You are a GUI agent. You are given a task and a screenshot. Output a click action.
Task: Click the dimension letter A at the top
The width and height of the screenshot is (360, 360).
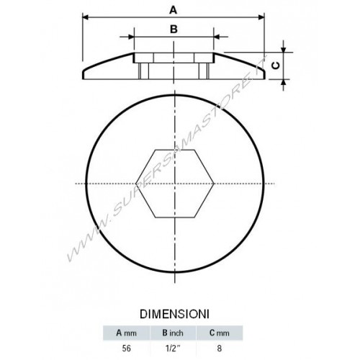tap(174, 10)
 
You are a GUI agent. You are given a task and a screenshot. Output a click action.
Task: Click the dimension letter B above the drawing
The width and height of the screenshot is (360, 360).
tap(174, 30)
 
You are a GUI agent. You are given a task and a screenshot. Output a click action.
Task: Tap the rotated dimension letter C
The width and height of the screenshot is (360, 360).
tap(276, 66)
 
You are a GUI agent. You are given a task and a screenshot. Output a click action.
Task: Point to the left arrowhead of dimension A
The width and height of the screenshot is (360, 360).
tap(86, 17)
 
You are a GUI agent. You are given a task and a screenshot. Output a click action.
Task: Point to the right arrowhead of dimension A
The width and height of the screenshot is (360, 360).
tap(261, 17)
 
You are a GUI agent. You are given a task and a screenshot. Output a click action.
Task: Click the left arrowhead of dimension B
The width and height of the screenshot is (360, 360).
tap(131, 37)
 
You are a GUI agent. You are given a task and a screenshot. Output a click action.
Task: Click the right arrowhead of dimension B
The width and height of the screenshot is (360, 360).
tap(217, 37)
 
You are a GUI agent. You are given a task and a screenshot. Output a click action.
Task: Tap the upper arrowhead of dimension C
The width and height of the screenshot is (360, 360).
tap(284, 50)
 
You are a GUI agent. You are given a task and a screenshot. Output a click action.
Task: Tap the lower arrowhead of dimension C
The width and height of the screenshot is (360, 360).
tap(284, 82)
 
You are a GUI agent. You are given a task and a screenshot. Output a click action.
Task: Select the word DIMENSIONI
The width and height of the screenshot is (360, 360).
tap(174, 314)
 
